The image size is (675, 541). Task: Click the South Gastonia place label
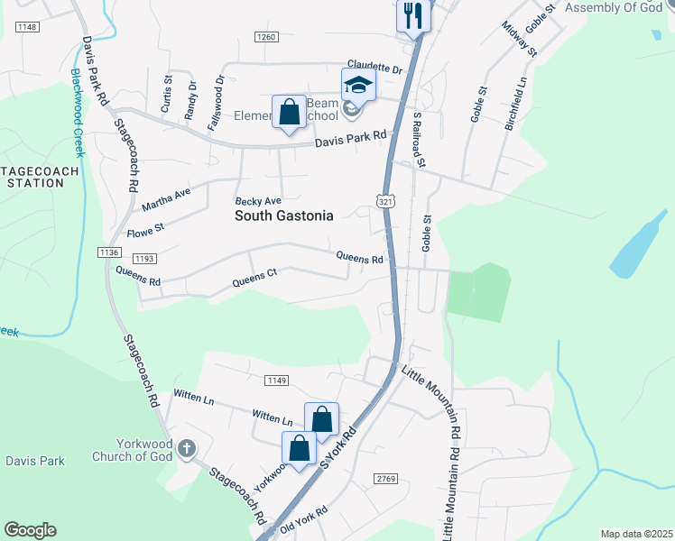coord(283,216)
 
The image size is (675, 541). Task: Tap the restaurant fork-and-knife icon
coord(413,14)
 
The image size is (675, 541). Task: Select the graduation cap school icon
coord(358,86)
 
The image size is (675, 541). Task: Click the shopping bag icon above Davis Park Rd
coord(289,113)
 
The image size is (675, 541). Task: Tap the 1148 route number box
coord(27,28)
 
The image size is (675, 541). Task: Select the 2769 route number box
coord(386,478)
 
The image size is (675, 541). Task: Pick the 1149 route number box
coord(277,381)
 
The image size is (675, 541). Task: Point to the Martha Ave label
coord(166,199)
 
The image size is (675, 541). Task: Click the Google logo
coord(30,530)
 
